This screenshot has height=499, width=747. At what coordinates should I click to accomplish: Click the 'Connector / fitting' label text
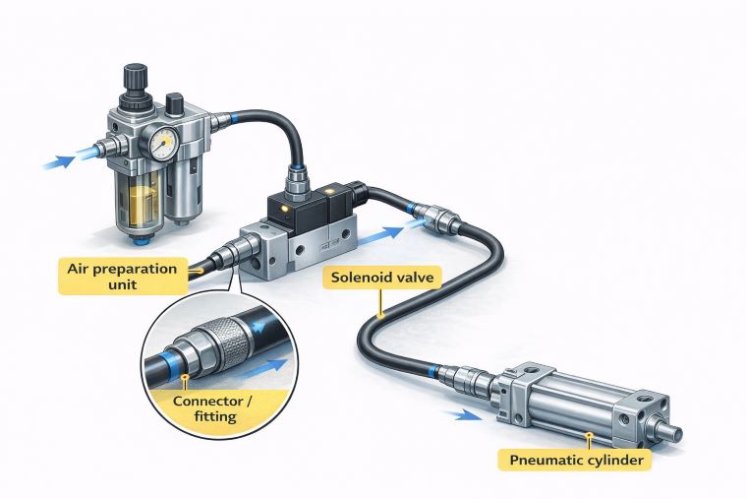click(209, 408)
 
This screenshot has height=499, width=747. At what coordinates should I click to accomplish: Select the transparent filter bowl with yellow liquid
click(143, 207)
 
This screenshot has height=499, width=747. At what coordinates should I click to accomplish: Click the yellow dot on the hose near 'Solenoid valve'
click(377, 316)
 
